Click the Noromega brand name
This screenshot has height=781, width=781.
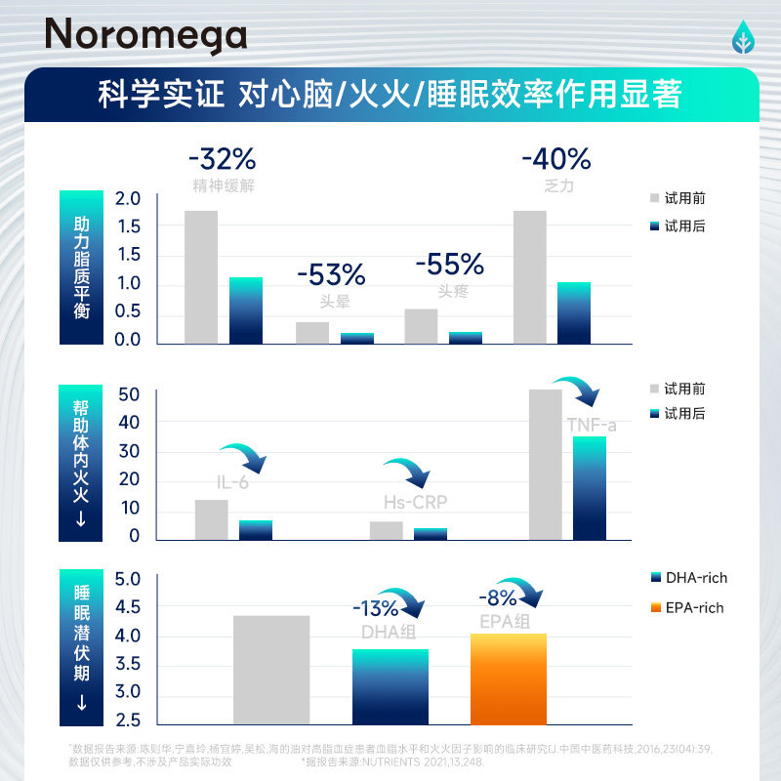[146, 36]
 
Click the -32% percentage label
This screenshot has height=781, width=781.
[223, 159]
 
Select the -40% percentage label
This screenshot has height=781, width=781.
[556, 158]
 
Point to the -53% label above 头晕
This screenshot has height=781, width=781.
[331, 274]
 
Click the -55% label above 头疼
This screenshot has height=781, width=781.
[450, 264]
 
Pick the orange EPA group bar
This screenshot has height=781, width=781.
[508, 678]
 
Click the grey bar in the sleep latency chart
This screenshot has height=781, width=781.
[271, 670]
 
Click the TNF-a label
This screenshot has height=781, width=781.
[592, 426]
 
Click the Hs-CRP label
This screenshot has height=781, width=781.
[415, 502]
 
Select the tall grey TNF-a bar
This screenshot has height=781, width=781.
[545, 465]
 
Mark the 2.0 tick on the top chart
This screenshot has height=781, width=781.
[129, 198]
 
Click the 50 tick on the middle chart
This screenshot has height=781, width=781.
[129, 394]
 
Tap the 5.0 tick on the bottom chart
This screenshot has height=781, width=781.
[129, 579]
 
